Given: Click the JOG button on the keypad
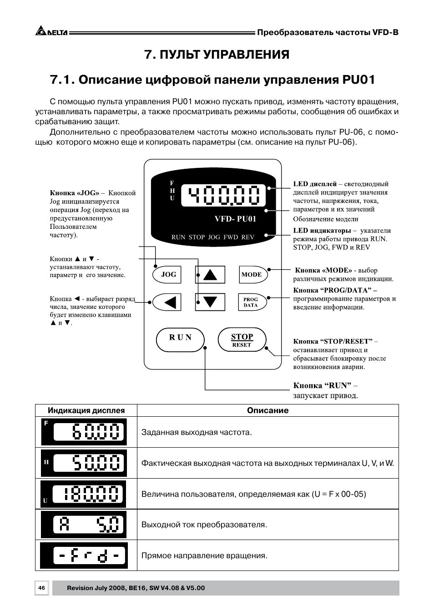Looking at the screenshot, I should point(168,274).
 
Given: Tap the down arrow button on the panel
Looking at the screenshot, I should point(210,302).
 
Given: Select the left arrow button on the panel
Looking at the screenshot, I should point(167,302).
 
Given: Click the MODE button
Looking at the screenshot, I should point(252,274).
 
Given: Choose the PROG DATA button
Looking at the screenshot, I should point(251,302).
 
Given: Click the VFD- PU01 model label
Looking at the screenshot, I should point(235,219).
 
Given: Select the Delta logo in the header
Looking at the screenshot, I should point(51,32).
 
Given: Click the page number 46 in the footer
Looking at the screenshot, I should point(41,588).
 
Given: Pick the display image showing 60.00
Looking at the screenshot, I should point(84,432).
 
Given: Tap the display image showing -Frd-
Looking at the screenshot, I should point(84,555).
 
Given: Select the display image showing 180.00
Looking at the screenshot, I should point(84,494).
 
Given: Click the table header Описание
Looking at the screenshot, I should point(267,410).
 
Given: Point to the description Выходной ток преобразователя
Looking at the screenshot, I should point(204,525).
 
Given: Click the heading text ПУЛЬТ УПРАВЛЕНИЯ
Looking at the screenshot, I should point(217,55).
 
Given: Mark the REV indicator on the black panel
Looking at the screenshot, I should point(248,237).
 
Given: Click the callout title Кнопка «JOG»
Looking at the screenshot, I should point(75,193).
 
